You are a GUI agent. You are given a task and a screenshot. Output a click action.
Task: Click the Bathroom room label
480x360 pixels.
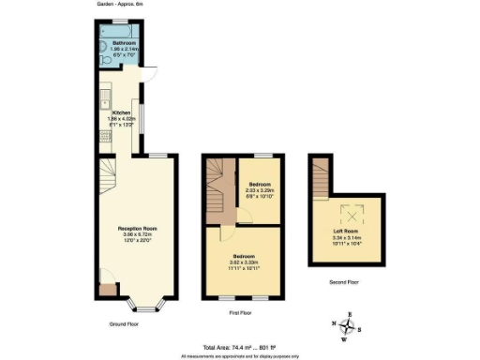click(x=124, y=42)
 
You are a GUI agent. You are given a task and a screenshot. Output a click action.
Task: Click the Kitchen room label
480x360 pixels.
click(x=121, y=112)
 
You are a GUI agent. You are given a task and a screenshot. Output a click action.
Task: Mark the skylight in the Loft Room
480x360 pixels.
click(x=352, y=210)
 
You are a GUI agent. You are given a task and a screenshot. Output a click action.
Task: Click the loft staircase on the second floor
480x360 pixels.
click(x=321, y=176)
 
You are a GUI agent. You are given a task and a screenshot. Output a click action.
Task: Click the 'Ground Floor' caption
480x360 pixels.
click(x=125, y=324)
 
